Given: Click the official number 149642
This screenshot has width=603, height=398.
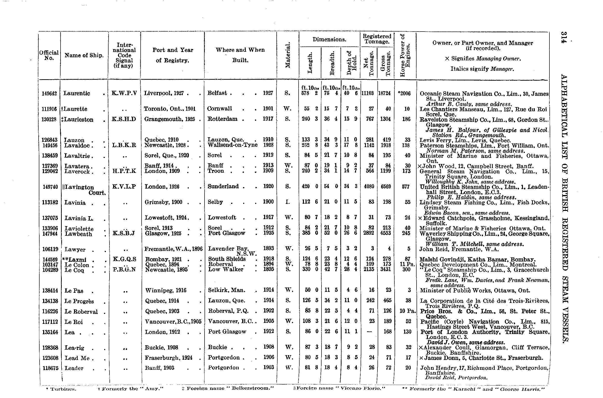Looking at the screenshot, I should (49, 93).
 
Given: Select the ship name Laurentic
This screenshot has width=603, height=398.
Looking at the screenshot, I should (76, 93).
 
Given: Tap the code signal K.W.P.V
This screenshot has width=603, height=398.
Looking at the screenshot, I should (124, 93).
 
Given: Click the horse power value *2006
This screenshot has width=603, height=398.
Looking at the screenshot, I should (404, 93).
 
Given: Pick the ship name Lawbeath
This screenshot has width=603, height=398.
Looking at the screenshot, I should (78, 234).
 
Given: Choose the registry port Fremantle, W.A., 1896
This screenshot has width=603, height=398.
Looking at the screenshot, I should (173, 249).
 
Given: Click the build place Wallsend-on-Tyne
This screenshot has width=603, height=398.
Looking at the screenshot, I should (232, 145).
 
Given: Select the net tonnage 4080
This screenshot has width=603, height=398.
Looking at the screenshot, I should (369, 187).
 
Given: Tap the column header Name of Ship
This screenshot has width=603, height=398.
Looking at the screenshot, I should (84, 55).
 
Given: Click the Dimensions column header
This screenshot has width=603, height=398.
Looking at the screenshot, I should (329, 39).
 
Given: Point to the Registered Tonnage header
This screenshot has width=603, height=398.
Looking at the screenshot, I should (377, 39).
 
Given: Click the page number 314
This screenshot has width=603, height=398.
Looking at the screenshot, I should (564, 37).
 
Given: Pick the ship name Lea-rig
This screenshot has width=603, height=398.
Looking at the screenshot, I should (74, 348).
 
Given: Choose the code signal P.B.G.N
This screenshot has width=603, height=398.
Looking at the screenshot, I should (124, 269).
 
